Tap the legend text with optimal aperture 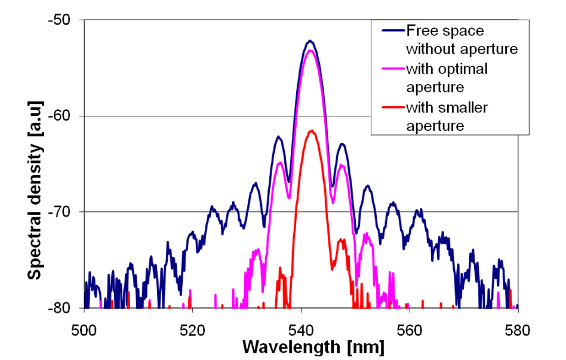point(446,78)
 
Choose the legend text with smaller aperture point(446,117)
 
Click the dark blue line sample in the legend point(389,30)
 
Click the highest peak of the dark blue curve point(310,41)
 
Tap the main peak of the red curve point(311,131)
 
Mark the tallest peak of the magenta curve point(310,51)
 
